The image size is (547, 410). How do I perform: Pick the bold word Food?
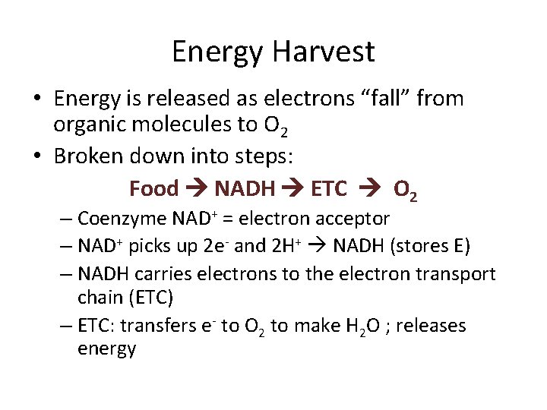153,188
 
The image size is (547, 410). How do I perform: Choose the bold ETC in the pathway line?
329,188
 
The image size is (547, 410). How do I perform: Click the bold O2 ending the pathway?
404,190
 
